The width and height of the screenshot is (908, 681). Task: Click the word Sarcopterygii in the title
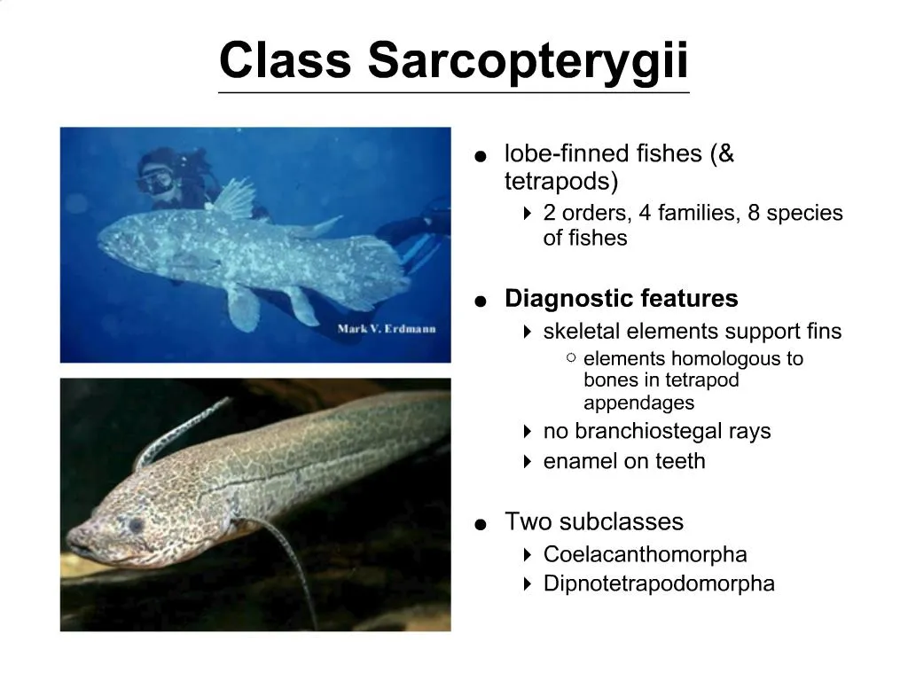(x=528, y=61)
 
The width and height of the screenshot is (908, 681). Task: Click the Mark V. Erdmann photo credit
(x=387, y=330)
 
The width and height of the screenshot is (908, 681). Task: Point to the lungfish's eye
(x=135, y=524)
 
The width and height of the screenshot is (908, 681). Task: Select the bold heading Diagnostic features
(x=621, y=299)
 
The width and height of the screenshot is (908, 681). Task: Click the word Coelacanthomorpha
(x=645, y=554)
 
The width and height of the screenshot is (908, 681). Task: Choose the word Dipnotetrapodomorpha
(x=659, y=583)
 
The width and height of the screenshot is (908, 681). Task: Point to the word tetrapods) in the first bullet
(x=560, y=182)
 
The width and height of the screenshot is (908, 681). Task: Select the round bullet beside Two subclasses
(x=481, y=524)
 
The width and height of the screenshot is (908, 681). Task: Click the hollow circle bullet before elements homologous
(x=571, y=358)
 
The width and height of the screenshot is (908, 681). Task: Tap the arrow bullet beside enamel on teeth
(x=527, y=461)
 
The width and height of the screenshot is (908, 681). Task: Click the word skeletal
(x=582, y=332)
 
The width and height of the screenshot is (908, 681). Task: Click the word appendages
(x=638, y=403)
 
